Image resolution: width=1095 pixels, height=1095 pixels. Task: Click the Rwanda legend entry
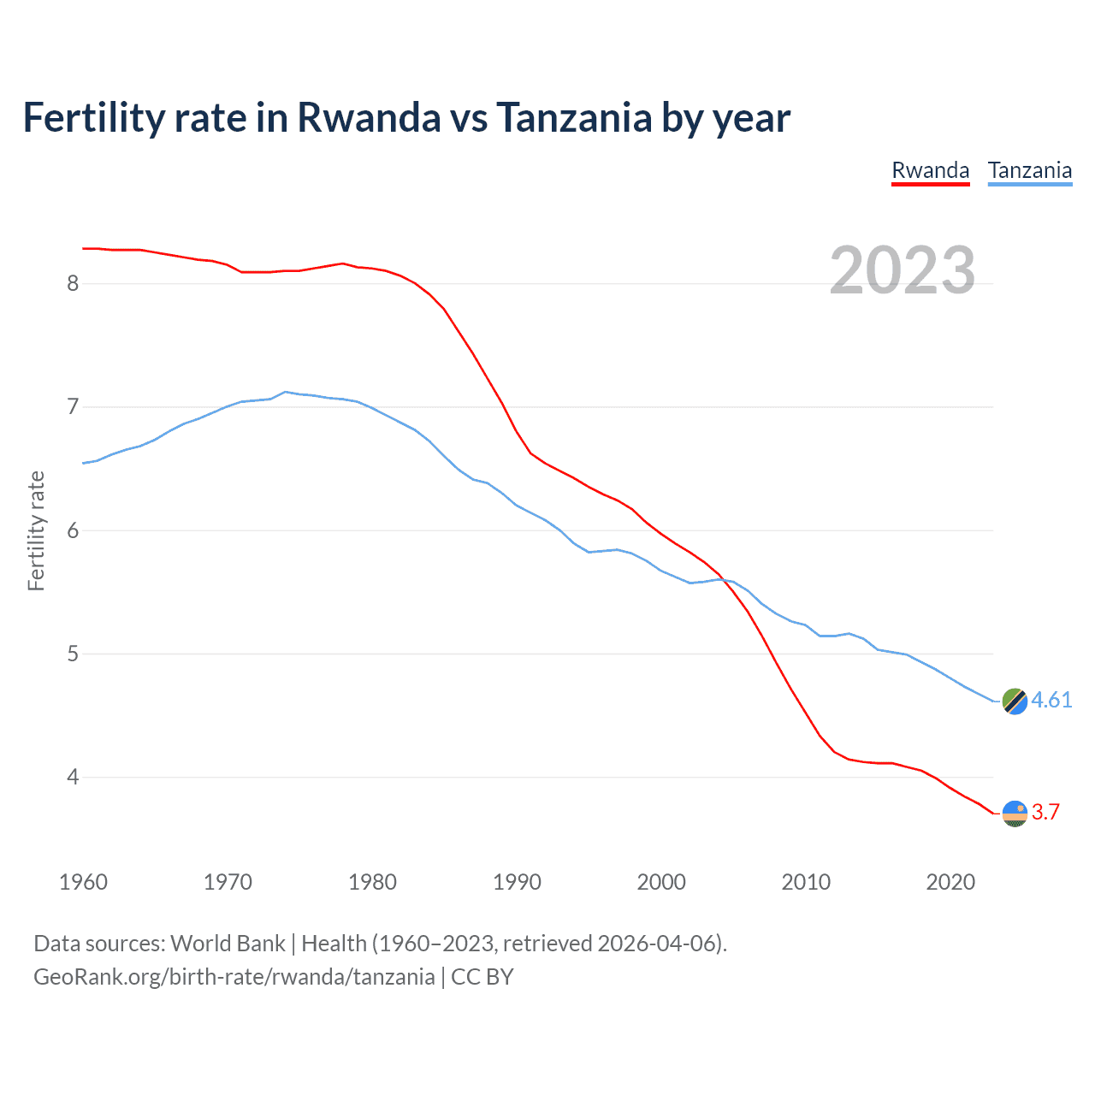pos(930,170)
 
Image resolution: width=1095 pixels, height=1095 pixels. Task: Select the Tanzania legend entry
pos(1029,170)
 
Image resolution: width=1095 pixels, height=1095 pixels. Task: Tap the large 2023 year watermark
pos(902,270)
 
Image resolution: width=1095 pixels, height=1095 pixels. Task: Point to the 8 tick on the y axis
pos(73,283)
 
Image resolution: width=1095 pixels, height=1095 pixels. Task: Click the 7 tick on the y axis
pos(73,406)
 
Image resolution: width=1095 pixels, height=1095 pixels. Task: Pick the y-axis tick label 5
pos(73,654)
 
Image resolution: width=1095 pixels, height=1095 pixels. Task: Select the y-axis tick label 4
pos(73,778)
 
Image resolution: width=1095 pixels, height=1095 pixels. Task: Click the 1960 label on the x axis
pos(83,882)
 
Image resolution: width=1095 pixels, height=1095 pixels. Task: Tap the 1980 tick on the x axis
pos(372,882)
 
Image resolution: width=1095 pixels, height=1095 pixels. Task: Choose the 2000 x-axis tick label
pos(661,882)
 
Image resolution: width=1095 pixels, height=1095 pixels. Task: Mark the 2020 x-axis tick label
pos(950,882)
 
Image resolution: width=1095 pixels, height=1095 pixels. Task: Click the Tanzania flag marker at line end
pos(1015,701)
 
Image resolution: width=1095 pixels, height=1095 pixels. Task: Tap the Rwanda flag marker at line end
pos(1015,814)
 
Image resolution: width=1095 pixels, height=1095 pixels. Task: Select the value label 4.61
pos(1051,700)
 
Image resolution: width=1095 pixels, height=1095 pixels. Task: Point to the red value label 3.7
pos(1045,812)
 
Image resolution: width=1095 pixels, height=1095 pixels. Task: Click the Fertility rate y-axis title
pos(36,530)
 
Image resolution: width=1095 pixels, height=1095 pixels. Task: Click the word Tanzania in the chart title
pos(573,117)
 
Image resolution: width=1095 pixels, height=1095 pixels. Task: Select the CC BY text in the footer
pos(482,977)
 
